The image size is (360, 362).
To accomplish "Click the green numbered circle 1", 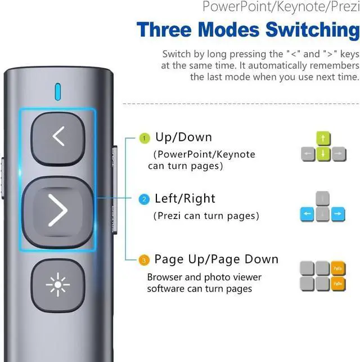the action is (x=144, y=138).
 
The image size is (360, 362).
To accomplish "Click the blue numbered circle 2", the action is (x=144, y=199).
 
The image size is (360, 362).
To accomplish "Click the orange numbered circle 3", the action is (x=144, y=260).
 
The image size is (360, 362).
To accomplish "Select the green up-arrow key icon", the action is (x=323, y=138).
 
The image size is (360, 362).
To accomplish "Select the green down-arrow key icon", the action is (x=323, y=154).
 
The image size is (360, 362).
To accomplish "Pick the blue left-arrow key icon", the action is (x=307, y=214).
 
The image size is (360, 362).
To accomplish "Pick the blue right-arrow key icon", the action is (x=338, y=214).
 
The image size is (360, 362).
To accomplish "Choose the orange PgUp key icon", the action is (x=338, y=268).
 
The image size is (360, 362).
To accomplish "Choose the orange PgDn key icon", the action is (x=338, y=283).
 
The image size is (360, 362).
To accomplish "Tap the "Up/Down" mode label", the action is (x=183, y=137).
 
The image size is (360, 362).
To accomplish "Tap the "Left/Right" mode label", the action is (x=185, y=198).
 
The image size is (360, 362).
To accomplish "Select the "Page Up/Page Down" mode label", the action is (x=217, y=259).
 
